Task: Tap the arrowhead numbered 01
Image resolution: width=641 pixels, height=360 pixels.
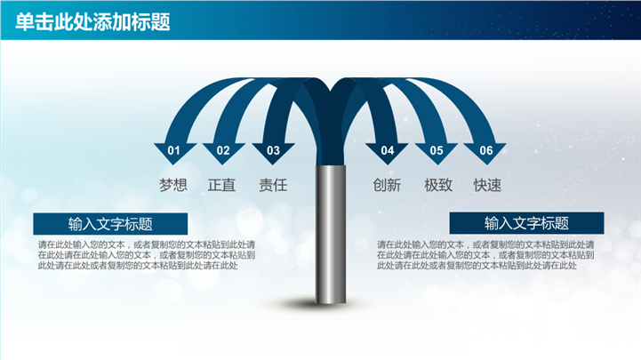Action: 173,151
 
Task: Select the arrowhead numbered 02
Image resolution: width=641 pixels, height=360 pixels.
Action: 223,151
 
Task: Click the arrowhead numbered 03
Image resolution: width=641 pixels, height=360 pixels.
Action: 273,151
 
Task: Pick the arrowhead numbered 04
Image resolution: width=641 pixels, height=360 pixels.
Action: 387,151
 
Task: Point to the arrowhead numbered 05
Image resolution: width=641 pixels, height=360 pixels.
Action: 437,151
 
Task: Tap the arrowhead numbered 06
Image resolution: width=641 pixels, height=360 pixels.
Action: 486,151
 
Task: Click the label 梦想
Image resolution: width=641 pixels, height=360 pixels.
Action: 173,186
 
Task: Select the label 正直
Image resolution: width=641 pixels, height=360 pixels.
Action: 222,186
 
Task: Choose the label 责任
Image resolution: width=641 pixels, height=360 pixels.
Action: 273,186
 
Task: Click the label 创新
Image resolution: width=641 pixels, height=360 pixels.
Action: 387,186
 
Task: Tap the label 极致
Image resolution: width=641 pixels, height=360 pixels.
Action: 437,186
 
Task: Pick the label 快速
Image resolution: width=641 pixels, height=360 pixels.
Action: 487,186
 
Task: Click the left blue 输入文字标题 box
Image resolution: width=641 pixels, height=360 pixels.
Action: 110,224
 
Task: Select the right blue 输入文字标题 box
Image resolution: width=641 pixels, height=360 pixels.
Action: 526,223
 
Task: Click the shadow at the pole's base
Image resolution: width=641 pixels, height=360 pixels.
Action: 331,306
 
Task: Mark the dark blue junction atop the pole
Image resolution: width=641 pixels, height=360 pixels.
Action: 331,124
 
